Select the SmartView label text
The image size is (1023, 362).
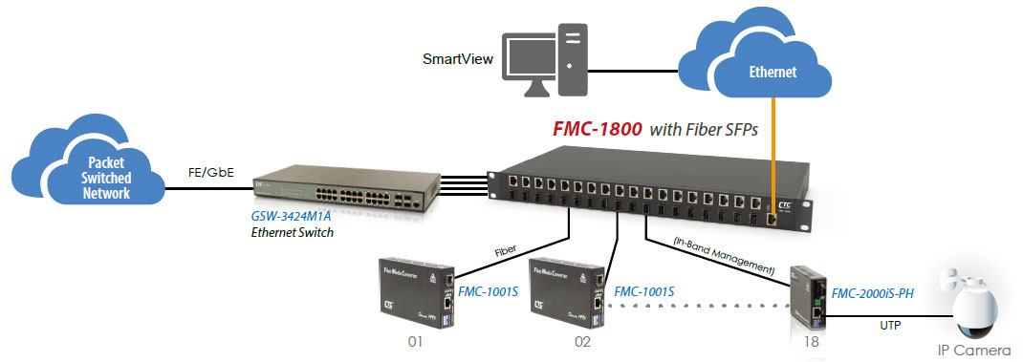[457, 59]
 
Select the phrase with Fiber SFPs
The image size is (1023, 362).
[704, 131]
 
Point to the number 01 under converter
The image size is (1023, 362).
[415, 341]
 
